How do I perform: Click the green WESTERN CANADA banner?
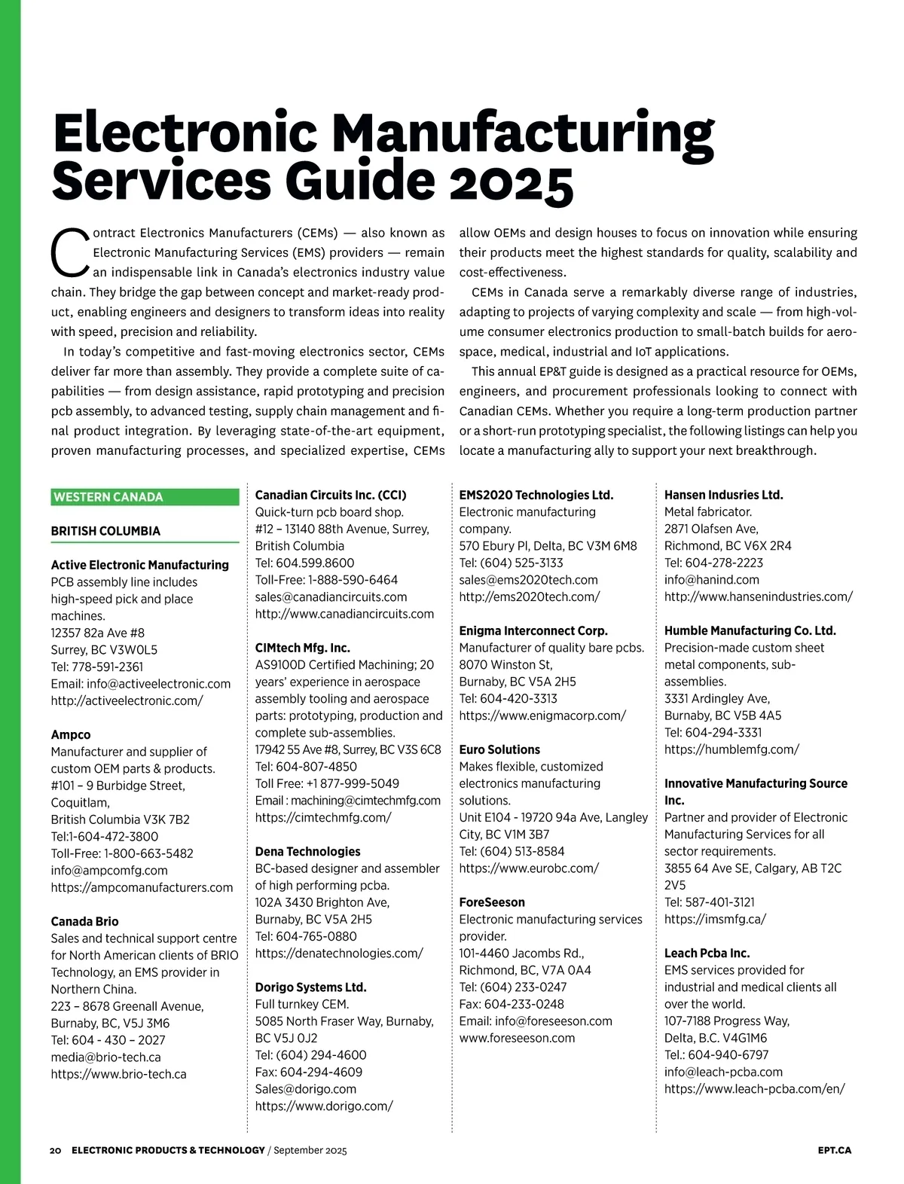coord(145,497)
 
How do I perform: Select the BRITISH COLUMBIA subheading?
coord(105,531)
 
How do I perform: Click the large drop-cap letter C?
coord(70,252)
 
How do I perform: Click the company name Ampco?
coord(71,734)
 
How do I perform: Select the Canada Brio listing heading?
coord(84,921)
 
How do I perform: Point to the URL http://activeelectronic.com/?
coord(127,700)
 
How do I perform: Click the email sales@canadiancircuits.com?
coord(331,597)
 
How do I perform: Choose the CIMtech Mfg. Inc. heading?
coord(302,648)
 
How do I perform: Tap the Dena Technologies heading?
coord(307,851)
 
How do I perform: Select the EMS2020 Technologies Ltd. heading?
coord(536,495)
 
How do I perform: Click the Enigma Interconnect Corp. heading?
coord(533,630)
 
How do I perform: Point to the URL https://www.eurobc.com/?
coord(529,868)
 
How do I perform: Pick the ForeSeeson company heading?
coord(492,902)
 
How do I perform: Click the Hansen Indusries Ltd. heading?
coord(723,495)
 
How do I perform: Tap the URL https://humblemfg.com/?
coord(731,749)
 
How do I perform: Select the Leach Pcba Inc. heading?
coord(707,953)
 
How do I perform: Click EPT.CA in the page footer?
coord(834,1150)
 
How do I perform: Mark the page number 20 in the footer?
coord(56,1150)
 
